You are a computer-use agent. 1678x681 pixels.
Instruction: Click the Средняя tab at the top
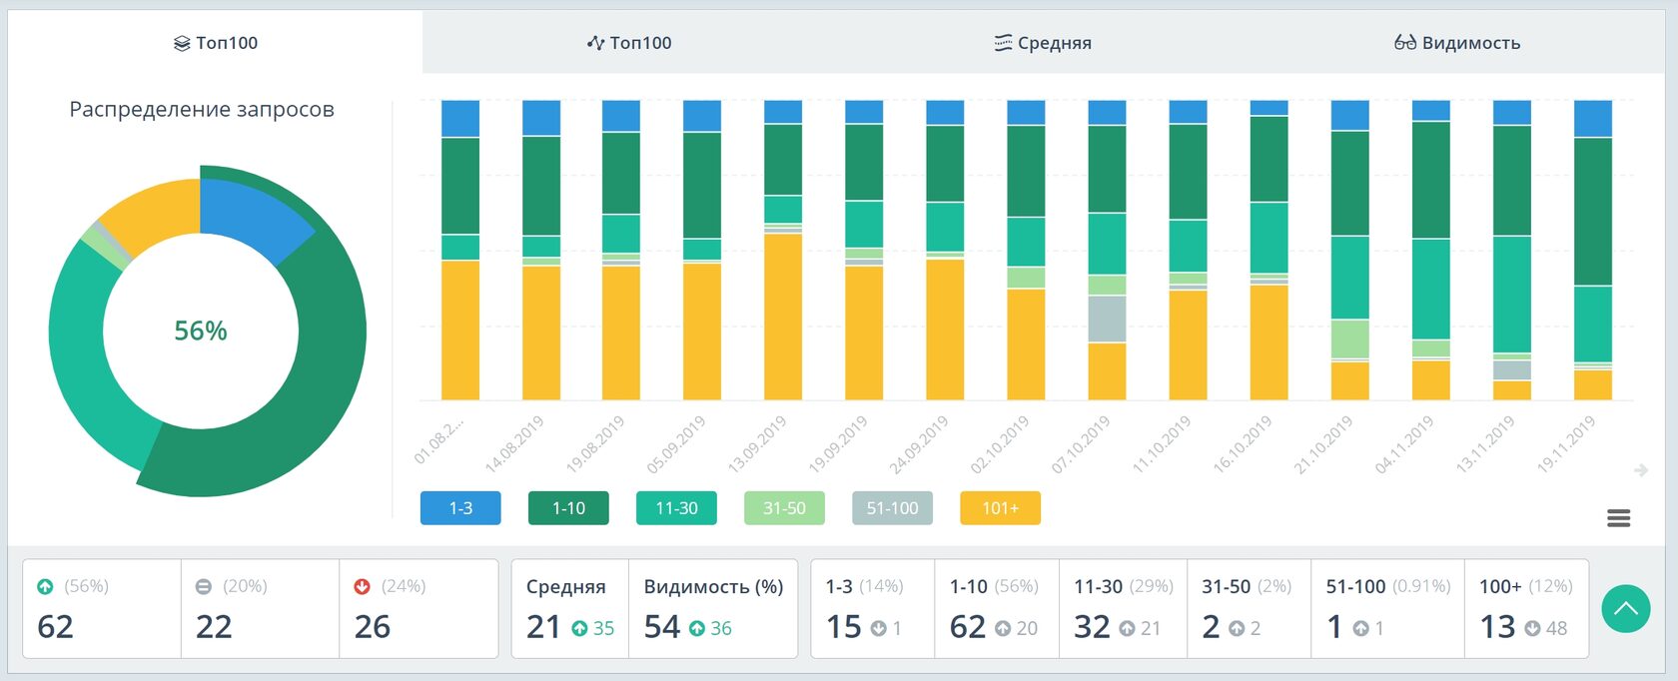(x=1043, y=43)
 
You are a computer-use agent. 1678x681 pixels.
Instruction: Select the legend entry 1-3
(x=460, y=508)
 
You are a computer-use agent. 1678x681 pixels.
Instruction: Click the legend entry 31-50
(x=784, y=508)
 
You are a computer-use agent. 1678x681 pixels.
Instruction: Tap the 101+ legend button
(x=1000, y=508)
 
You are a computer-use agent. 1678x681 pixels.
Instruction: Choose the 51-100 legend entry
(x=892, y=508)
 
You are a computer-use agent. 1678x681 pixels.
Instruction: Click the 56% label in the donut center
(x=201, y=331)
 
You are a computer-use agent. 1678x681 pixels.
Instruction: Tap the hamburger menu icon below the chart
(x=1619, y=518)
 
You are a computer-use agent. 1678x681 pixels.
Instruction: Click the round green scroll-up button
(x=1625, y=608)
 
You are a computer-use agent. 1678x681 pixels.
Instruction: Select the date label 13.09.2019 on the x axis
(x=757, y=444)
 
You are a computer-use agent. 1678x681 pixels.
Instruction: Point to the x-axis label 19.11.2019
(x=1566, y=444)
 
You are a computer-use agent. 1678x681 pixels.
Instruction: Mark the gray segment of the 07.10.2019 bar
(x=1107, y=320)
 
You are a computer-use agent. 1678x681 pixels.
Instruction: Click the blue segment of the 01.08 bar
(x=460, y=119)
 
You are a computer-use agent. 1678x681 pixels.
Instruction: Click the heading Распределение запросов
(x=202, y=110)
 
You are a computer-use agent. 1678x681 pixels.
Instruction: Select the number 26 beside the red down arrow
(x=373, y=627)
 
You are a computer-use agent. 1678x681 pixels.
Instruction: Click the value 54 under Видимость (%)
(x=662, y=627)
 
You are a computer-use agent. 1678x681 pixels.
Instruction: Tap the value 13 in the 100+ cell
(x=1497, y=627)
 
